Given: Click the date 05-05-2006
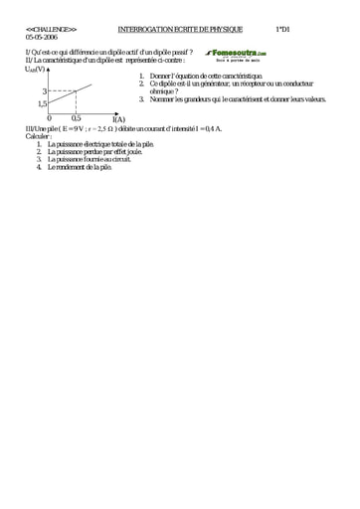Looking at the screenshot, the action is click(41, 37).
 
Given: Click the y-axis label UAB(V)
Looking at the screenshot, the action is click(35, 69).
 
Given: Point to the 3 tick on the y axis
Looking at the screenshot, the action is click(44, 90).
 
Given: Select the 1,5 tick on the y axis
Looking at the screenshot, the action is click(43, 102).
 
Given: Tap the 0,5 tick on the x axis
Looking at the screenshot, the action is click(76, 118).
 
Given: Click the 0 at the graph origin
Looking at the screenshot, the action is click(50, 118).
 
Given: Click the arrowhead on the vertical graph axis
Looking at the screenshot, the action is click(48, 70).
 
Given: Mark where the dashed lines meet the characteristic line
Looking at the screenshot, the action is click(77, 90).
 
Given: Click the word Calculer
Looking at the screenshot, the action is click(39, 136).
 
